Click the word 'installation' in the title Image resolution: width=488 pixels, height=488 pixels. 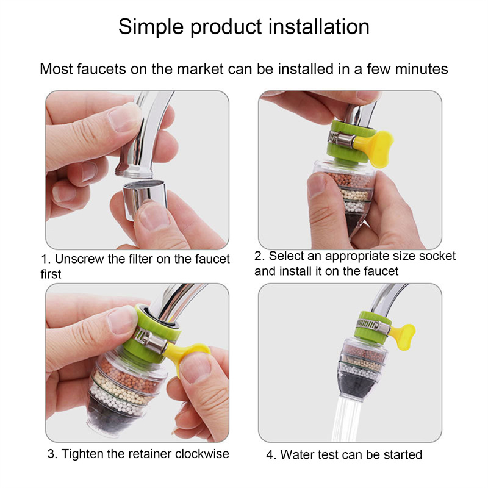click(319, 26)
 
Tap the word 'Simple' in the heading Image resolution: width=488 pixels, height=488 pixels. click(151, 27)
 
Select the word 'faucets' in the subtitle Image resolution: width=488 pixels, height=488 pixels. click(101, 69)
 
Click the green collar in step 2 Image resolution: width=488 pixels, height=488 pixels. click(350, 142)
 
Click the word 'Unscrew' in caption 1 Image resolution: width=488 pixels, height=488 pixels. click(79, 259)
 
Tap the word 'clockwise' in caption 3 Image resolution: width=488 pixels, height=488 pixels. click(202, 454)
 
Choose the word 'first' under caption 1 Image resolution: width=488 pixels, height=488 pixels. click(51, 274)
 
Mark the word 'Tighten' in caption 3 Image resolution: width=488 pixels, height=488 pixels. click(82, 454)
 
